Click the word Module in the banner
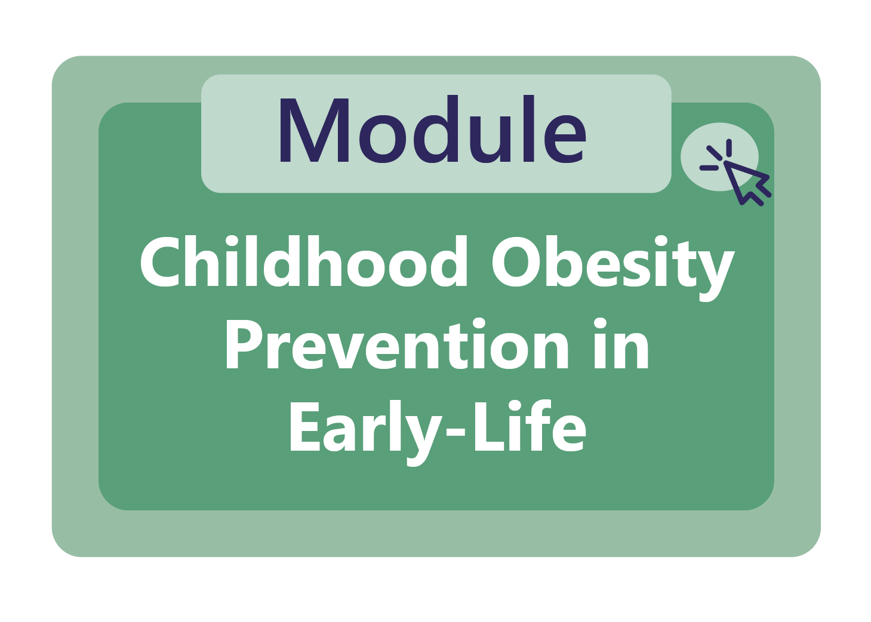coord(432,131)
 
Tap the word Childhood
coord(304,263)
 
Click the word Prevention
coord(397,346)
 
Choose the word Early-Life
coord(437,427)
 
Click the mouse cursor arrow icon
coord(746,181)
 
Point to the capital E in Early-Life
coord(304,426)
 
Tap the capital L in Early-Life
coord(486,426)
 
